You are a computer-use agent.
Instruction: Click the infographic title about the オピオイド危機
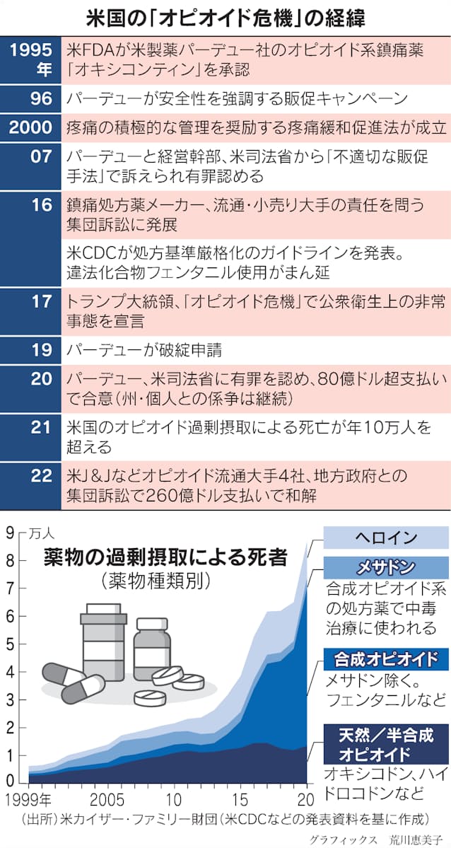[225, 18]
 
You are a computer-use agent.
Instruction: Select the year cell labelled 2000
[30, 128]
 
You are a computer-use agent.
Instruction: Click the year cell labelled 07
[30, 167]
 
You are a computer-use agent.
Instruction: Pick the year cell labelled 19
[30, 350]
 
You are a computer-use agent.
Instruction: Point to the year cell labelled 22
[30, 486]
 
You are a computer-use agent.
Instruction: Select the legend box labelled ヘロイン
[386, 539]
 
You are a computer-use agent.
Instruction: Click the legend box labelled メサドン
[386, 567]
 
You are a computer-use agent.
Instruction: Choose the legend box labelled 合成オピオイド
[386, 659]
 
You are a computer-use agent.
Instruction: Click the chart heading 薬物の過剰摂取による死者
[165, 557]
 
